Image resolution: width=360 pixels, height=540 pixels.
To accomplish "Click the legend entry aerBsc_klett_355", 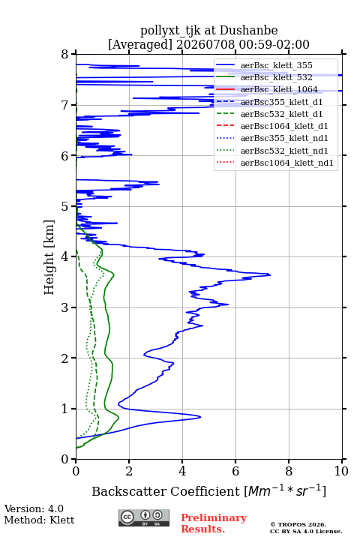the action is pos(276,65).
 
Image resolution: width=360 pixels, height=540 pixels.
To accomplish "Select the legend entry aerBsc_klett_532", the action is pos(276,77).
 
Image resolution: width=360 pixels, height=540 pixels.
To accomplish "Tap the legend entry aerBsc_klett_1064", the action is pos(279,89).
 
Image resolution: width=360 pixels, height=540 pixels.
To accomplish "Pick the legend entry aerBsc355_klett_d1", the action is pos(281,102).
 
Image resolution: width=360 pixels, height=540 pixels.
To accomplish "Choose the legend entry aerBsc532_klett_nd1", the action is pos(284,151).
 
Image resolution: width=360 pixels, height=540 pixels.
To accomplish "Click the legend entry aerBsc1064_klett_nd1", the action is pos(287,163).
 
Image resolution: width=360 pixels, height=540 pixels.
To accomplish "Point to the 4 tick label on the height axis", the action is pos(65,257).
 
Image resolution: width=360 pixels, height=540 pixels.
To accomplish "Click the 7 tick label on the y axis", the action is pos(65,105).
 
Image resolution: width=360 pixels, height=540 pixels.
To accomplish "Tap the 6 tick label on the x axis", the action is pos(235,471).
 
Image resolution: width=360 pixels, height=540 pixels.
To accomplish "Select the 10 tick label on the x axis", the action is pos(341,471).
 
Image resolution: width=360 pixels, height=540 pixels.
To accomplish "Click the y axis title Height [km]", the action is pos(49,257).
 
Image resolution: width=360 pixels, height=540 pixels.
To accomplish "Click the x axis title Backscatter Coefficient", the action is pos(166,491).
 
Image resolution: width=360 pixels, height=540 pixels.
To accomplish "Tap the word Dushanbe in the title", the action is pos(249,31).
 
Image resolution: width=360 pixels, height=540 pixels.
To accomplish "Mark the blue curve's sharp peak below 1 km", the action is pos(200,417).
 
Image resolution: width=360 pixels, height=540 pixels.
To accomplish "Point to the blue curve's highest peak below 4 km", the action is pos(270,275).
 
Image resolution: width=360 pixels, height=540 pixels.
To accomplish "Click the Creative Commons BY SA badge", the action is pos(144,517).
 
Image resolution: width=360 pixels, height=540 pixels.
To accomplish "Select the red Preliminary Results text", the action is pos(214,523).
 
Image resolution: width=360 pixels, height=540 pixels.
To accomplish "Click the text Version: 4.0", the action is pos(34,508).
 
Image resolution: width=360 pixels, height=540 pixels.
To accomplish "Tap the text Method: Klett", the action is pos(39,520).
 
